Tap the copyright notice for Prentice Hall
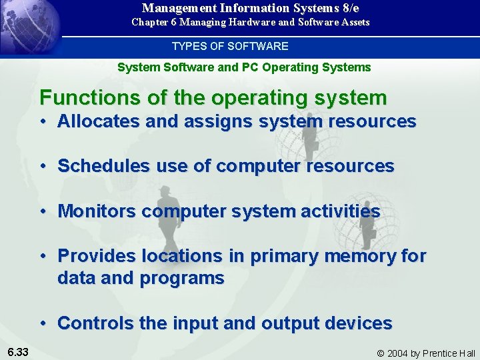[426, 353]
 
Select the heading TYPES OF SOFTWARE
[230, 47]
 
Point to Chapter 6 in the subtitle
[154, 22]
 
